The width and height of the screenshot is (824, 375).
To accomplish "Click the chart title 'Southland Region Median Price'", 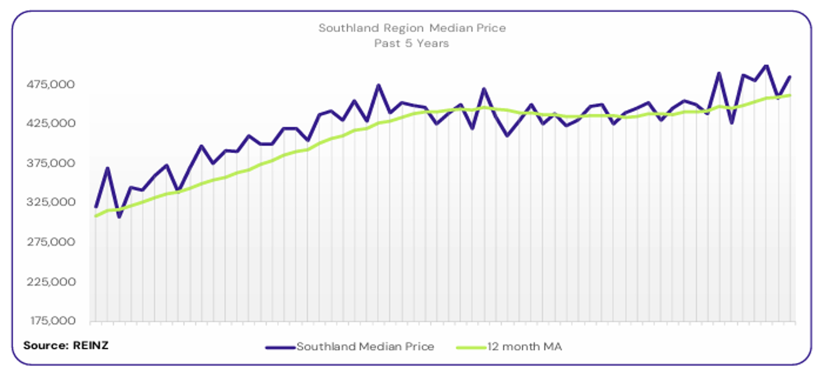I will coord(411,28).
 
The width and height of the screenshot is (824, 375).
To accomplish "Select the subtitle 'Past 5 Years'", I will coord(411,44).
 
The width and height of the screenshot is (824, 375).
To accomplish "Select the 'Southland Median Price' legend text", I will coord(365,346).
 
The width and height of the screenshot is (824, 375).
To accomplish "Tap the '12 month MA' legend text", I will coord(525,346).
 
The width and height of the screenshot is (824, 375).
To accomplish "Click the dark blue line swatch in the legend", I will coord(280,347).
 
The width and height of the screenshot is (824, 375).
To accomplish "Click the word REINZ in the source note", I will coord(91,345).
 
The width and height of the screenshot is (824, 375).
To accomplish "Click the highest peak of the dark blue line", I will coord(766,65).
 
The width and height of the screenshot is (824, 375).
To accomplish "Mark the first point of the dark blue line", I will coord(96,207).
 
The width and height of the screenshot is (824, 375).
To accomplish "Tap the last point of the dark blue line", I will coord(790,77).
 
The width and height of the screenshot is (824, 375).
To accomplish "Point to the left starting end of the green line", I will coord(96,216).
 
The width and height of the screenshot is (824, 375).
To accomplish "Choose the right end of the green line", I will coord(790,95).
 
